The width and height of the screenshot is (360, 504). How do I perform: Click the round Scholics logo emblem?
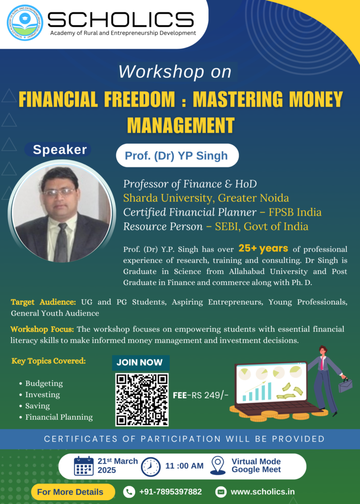(25, 23)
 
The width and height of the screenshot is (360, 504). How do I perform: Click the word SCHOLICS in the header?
(121, 20)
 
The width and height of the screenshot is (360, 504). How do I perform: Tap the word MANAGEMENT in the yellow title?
(181, 125)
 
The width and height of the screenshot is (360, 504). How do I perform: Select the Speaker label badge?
(58, 150)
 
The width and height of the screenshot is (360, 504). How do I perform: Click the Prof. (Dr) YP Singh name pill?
(177, 156)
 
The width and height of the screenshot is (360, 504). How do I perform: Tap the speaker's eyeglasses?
(59, 192)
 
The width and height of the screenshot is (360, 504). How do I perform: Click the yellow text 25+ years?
(263, 248)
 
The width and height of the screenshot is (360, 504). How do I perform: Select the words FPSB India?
(295, 212)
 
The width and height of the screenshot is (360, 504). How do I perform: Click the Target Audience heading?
(43, 302)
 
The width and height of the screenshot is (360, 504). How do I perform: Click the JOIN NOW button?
(140, 363)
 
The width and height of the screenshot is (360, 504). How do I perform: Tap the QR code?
(142, 400)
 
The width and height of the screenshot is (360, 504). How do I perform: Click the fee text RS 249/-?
(210, 395)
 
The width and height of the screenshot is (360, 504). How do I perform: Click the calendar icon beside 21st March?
(84, 466)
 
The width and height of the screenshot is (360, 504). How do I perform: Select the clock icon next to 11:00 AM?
(151, 467)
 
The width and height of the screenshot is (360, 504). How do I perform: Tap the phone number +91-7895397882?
(170, 492)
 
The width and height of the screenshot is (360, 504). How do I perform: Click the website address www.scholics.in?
(262, 492)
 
